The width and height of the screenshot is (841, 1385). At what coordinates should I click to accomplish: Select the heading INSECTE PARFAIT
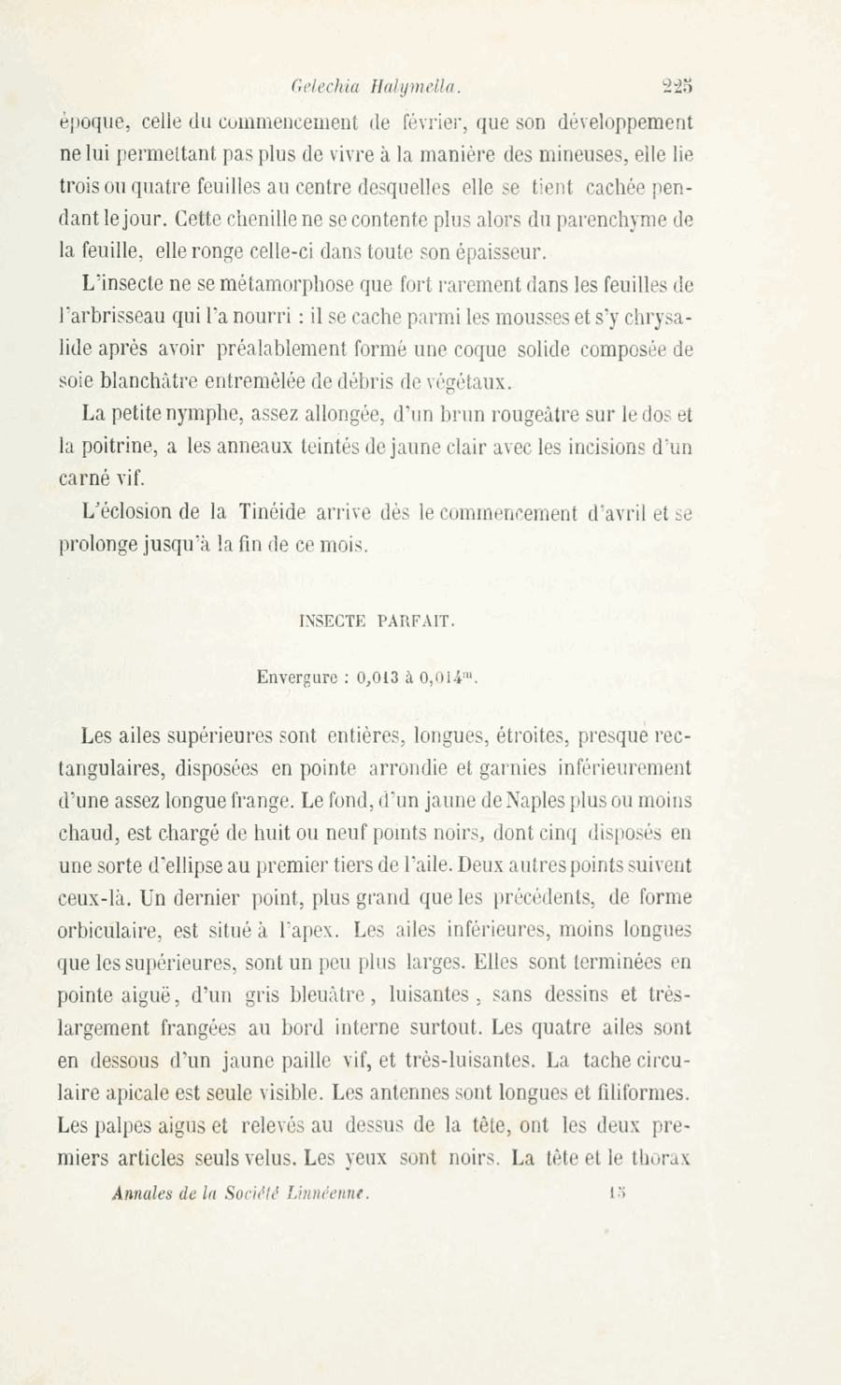coord(378,621)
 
